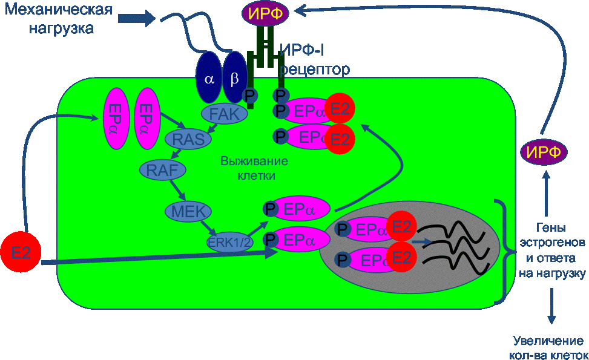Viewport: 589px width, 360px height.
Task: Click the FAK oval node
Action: pos(224,114)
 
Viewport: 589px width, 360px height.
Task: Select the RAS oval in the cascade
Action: pos(188,139)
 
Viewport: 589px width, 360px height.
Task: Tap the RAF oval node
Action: pos(162,170)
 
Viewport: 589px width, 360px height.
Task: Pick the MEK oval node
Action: pos(188,211)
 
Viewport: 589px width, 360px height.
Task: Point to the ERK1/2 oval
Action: pos(229,242)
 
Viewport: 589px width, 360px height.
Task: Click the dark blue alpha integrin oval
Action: pos(209,78)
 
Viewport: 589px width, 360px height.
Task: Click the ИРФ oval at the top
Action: pos(266,13)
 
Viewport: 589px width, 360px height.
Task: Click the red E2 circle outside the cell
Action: pos(21,252)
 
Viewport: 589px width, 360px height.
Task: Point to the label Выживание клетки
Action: pos(254,169)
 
